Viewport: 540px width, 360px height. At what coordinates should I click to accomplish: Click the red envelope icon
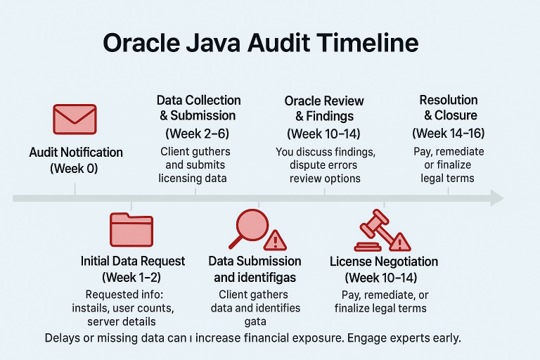click(x=75, y=119)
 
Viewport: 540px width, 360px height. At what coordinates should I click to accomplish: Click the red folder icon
click(x=131, y=229)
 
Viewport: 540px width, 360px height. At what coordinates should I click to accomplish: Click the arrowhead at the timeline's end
click(x=496, y=199)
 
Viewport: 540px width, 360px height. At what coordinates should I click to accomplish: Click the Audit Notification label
click(x=76, y=153)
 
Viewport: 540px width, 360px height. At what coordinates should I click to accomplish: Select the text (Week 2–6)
click(x=198, y=133)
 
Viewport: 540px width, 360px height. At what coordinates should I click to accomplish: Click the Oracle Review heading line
click(x=324, y=101)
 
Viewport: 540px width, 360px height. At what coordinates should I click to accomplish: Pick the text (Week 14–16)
click(x=448, y=133)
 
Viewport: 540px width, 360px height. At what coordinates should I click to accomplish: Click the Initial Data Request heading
click(x=133, y=262)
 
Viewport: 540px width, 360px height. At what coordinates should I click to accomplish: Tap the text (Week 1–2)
click(x=133, y=278)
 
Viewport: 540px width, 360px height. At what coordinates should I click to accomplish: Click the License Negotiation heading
click(x=384, y=262)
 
